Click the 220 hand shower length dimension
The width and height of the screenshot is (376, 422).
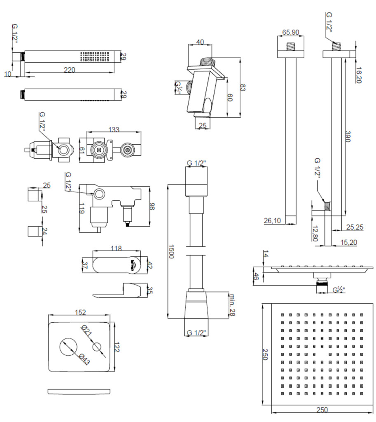pos(69,70)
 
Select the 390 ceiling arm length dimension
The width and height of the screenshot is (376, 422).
pos(348,137)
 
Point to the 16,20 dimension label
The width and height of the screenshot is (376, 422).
pos(359,75)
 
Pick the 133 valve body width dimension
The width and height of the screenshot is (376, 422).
pos(114,129)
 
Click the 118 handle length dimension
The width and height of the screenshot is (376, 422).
pos(117,248)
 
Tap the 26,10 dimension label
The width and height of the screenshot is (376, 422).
pos(272,220)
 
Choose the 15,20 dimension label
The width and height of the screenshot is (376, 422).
pos(348,242)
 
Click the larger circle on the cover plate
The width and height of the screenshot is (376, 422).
pos(69,347)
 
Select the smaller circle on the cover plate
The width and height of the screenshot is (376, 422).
pos(98,347)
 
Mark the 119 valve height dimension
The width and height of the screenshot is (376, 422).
pos(82,208)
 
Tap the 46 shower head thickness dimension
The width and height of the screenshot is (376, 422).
pos(256,276)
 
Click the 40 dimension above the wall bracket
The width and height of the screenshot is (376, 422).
pos(200,42)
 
